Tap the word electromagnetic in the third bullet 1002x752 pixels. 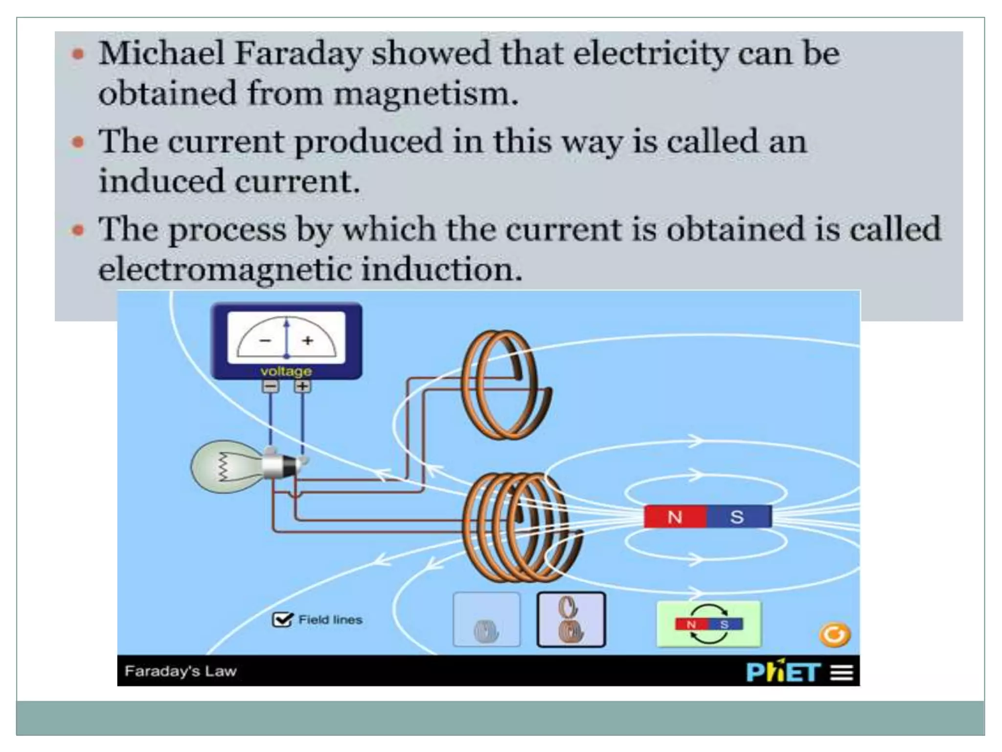tap(225, 269)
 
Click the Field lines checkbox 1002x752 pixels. tap(282, 620)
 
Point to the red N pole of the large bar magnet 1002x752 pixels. tap(675, 517)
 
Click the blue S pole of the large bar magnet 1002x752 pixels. tap(738, 517)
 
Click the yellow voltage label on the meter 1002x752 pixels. tap(286, 371)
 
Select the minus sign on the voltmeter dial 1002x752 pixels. tap(265, 340)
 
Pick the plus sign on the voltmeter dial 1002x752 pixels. tap(307, 340)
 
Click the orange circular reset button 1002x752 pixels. tap(835, 635)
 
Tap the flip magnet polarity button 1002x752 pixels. tap(708, 624)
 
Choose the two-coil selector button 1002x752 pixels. tap(571, 620)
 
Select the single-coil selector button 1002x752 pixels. tap(486, 620)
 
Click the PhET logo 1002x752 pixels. tap(783, 672)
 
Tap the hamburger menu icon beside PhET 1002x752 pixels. tap(842, 672)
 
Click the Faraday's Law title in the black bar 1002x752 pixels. tap(181, 671)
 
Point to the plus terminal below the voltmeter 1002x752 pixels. tap(302, 386)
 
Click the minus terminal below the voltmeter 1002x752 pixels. tap(271, 386)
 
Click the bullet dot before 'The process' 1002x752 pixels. tap(78, 230)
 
